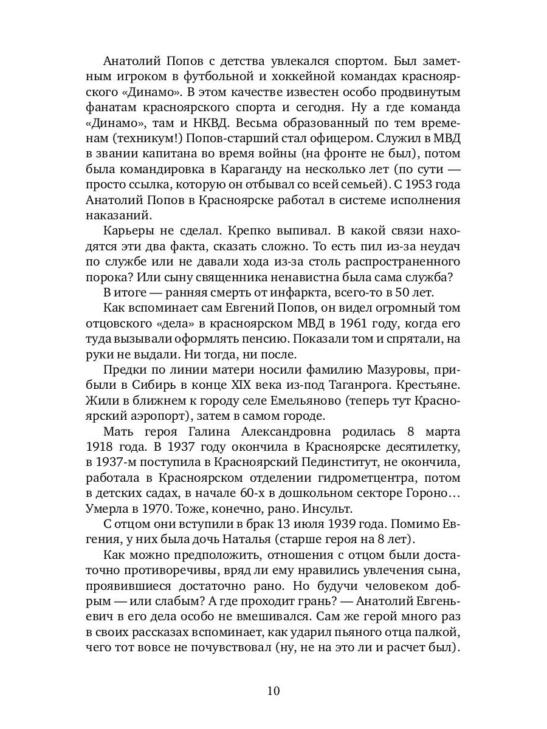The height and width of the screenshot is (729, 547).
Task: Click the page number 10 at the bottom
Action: (x=273, y=691)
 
